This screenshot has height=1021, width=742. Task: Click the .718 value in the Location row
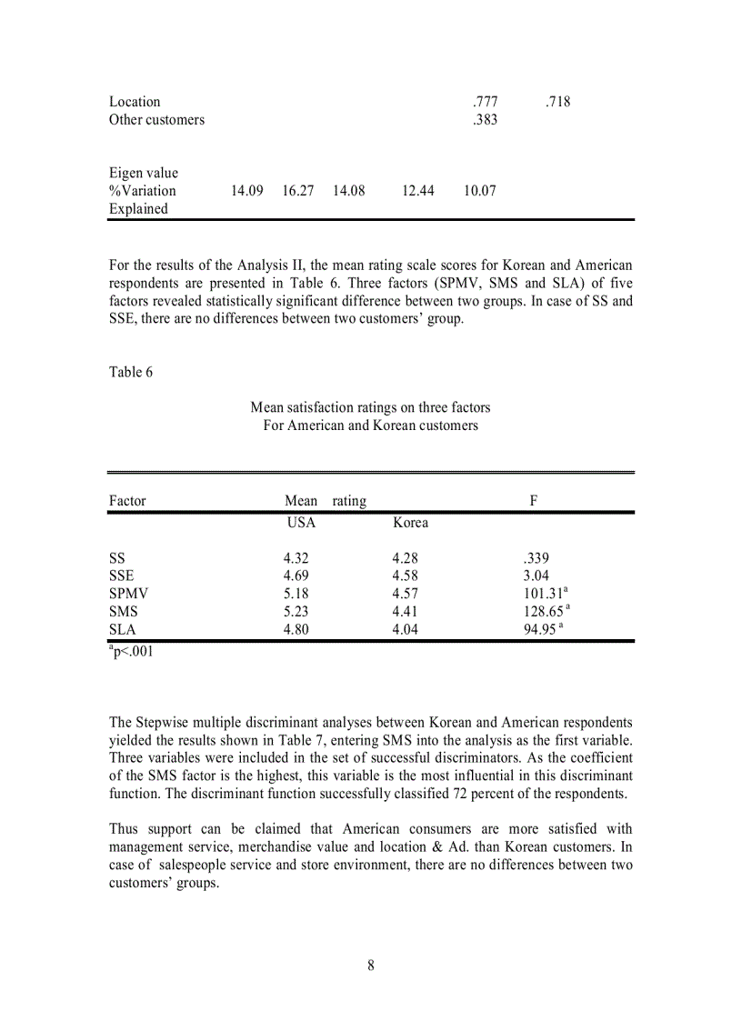pyautogui.click(x=558, y=102)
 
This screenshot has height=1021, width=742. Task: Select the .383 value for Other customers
pyautogui.click(x=485, y=120)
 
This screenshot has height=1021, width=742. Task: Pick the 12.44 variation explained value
pyautogui.click(x=418, y=191)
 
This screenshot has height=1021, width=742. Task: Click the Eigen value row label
pyautogui.click(x=144, y=173)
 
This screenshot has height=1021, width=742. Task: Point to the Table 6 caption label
pyautogui.click(x=125, y=372)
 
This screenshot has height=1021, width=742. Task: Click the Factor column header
pyautogui.click(x=127, y=501)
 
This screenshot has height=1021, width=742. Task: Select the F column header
pyautogui.click(x=534, y=501)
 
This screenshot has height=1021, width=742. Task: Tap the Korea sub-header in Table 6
pyautogui.click(x=410, y=523)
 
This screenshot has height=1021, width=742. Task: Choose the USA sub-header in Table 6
pyautogui.click(x=301, y=523)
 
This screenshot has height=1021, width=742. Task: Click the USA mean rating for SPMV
pyautogui.click(x=296, y=594)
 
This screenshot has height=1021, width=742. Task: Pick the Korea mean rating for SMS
pyautogui.click(x=405, y=612)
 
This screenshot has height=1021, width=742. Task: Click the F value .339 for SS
pyautogui.click(x=530, y=558)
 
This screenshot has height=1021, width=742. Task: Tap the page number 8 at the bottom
pyautogui.click(x=371, y=966)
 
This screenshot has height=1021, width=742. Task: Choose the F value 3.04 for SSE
pyautogui.click(x=530, y=576)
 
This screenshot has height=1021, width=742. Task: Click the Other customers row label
pyautogui.click(x=156, y=120)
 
